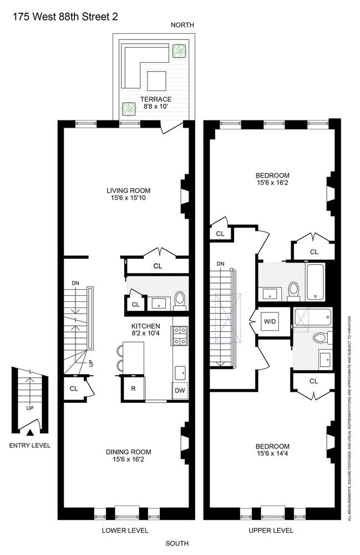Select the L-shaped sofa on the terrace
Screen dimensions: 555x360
pos(136,63)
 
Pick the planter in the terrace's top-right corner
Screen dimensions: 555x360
pos(179,52)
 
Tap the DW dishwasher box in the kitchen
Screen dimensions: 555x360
pos(180,391)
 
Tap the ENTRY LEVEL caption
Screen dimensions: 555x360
pos(31,446)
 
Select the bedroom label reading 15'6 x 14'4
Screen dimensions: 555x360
pos(272,450)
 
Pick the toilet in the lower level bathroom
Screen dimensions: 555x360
pos(180,300)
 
